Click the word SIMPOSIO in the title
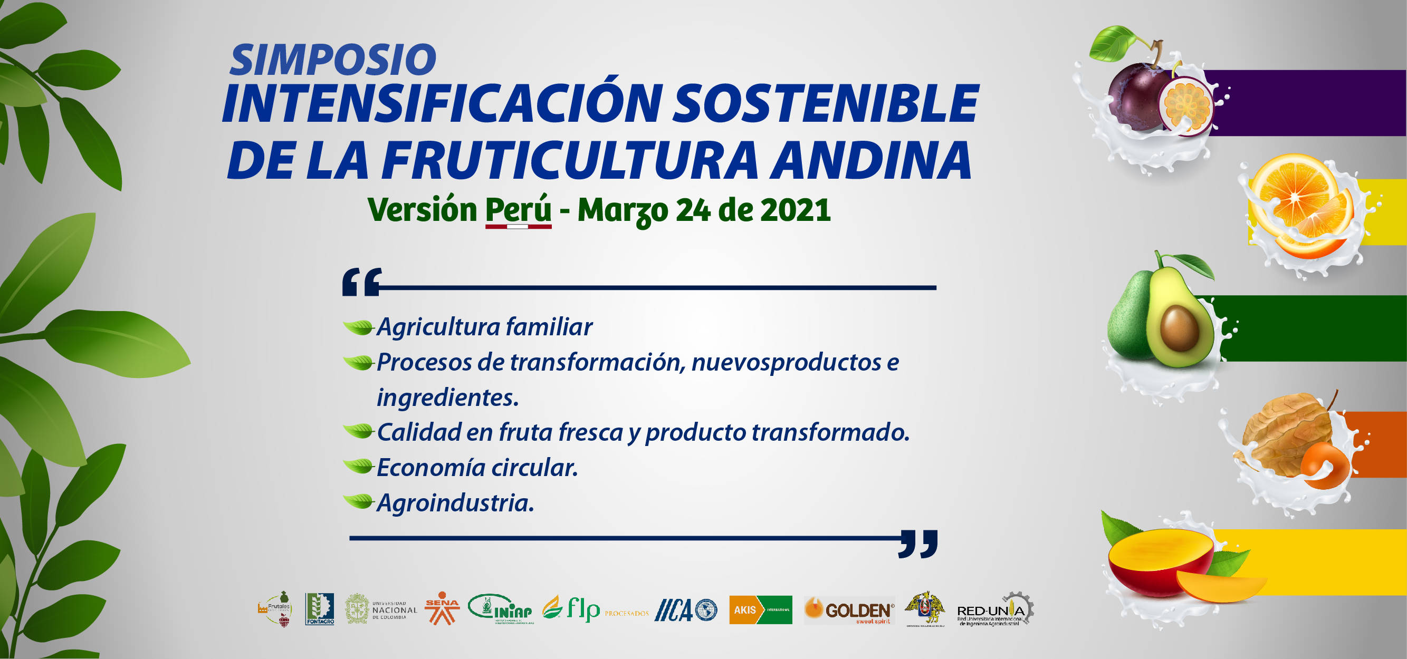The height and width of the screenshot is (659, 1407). tap(333, 60)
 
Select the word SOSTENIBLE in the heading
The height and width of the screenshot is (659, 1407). tap(825, 104)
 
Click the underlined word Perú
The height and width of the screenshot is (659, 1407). tap(518, 210)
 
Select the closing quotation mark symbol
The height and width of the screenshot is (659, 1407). tap(917, 543)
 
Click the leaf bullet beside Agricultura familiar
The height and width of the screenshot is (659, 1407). tap(358, 327)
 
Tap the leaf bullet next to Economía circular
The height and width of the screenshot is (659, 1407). tap(358, 466)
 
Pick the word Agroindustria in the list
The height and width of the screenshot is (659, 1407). tap(454, 503)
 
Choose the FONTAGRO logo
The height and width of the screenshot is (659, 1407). tap(320, 609)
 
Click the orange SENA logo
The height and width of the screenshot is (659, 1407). tap(442, 608)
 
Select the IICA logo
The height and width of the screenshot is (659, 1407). tap(685, 610)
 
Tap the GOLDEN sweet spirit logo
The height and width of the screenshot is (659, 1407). tap(849, 610)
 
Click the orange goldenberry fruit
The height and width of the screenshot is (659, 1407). tap(1324, 464)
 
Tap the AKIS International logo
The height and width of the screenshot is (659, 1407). tap(760, 610)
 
